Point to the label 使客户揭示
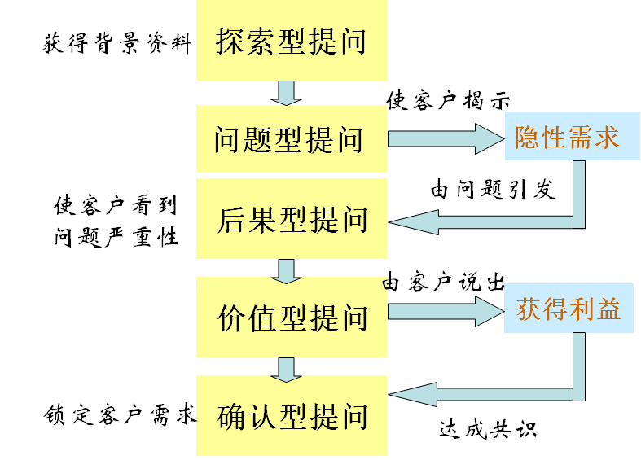(448, 101)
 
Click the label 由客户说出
(444, 283)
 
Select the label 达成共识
(488, 429)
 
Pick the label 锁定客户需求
(119, 415)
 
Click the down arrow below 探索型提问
(286, 93)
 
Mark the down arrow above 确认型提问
(286, 369)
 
